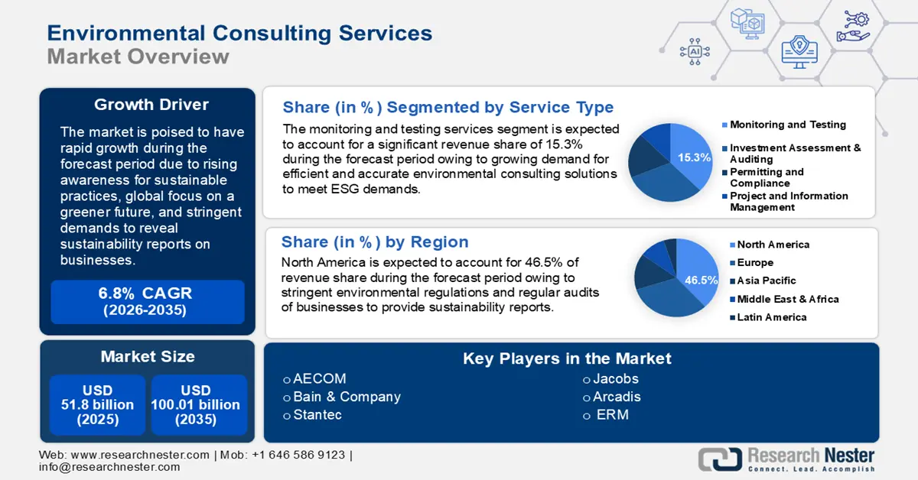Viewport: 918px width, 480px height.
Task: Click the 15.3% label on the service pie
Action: [x=694, y=157]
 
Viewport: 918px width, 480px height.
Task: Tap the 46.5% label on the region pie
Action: [x=702, y=281]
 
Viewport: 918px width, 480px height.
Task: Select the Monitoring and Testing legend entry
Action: [x=784, y=125]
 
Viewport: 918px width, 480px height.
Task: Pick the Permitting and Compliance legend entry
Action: [x=763, y=177]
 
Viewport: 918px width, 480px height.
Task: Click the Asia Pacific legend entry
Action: [x=763, y=281]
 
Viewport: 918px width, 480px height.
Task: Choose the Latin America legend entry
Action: [x=768, y=317]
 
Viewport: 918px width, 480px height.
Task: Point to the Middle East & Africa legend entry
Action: [x=784, y=299]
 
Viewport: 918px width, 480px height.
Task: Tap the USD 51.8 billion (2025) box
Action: [x=98, y=404]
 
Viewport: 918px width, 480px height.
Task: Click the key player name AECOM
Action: [x=320, y=378]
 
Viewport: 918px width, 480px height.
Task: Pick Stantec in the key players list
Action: [x=317, y=414]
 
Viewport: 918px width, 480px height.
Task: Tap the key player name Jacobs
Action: [x=616, y=378]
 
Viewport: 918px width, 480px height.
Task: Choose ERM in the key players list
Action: [x=612, y=414]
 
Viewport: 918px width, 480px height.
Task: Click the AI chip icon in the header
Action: [x=695, y=52]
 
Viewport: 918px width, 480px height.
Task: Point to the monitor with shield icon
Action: [x=799, y=52]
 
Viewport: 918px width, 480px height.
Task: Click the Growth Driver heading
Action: [x=151, y=105]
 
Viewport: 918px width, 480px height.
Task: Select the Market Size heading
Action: [x=148, y=356]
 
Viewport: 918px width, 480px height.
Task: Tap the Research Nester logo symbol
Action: [x=720, y=459]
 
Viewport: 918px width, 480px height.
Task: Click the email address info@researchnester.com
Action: [x=109, y=467]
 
